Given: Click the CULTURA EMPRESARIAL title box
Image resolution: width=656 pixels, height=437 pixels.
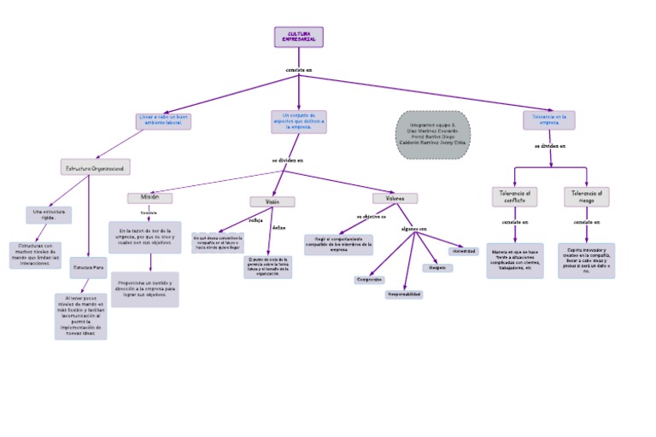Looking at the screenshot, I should pyautogui.click(x=299, y=37).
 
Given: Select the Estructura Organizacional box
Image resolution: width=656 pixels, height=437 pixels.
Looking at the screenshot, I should pyautogui.click(x=97, y=168).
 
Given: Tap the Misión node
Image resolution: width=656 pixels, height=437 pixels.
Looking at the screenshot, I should pyautogui.click(x=150, y=197).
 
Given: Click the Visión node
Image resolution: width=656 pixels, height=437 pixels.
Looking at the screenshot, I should pyautogui.click(x=272, y=201).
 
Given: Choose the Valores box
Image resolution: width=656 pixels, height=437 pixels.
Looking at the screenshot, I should pyautogui.click(x=395, y=198).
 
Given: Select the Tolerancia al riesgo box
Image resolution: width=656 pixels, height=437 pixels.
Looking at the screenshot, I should pyautogui.click(x=586, y=196).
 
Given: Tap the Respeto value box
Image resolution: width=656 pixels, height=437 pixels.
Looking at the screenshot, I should pyautogui.click(x=437, y=267).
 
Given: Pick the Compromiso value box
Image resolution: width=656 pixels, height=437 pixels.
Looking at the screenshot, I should pyautogui.click(x=369, y=279).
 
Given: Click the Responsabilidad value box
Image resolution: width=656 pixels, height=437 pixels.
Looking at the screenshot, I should pyautogui.click(x=403, y=294).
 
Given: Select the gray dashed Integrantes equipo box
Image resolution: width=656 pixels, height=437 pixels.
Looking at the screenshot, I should pyautogui.click(x=434, y=135).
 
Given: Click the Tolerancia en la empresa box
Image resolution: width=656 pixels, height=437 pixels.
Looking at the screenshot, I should pyautogui.click(x=549, y=119).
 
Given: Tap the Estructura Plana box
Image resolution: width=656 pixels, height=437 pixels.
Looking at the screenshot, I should pyautogui.click(x=89, y=267).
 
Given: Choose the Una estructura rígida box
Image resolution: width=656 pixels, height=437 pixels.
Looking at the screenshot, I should pyautogui.click(x=48, y=213).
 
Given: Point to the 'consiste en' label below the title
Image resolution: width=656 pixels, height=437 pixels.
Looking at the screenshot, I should pyautogui.click(x=299, y=69).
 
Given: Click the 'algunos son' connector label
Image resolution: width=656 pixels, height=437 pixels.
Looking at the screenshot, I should pyautogui.click(x=413, y=229).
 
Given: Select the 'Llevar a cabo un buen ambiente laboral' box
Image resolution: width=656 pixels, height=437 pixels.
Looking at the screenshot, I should pyautogui.click(x=164, y=120).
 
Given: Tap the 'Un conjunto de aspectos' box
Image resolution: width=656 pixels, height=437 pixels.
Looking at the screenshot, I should pyautogui.click(x=299, y=120).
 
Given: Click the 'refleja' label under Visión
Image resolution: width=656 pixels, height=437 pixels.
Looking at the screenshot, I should pyautogui.click(x=255, y=220).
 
